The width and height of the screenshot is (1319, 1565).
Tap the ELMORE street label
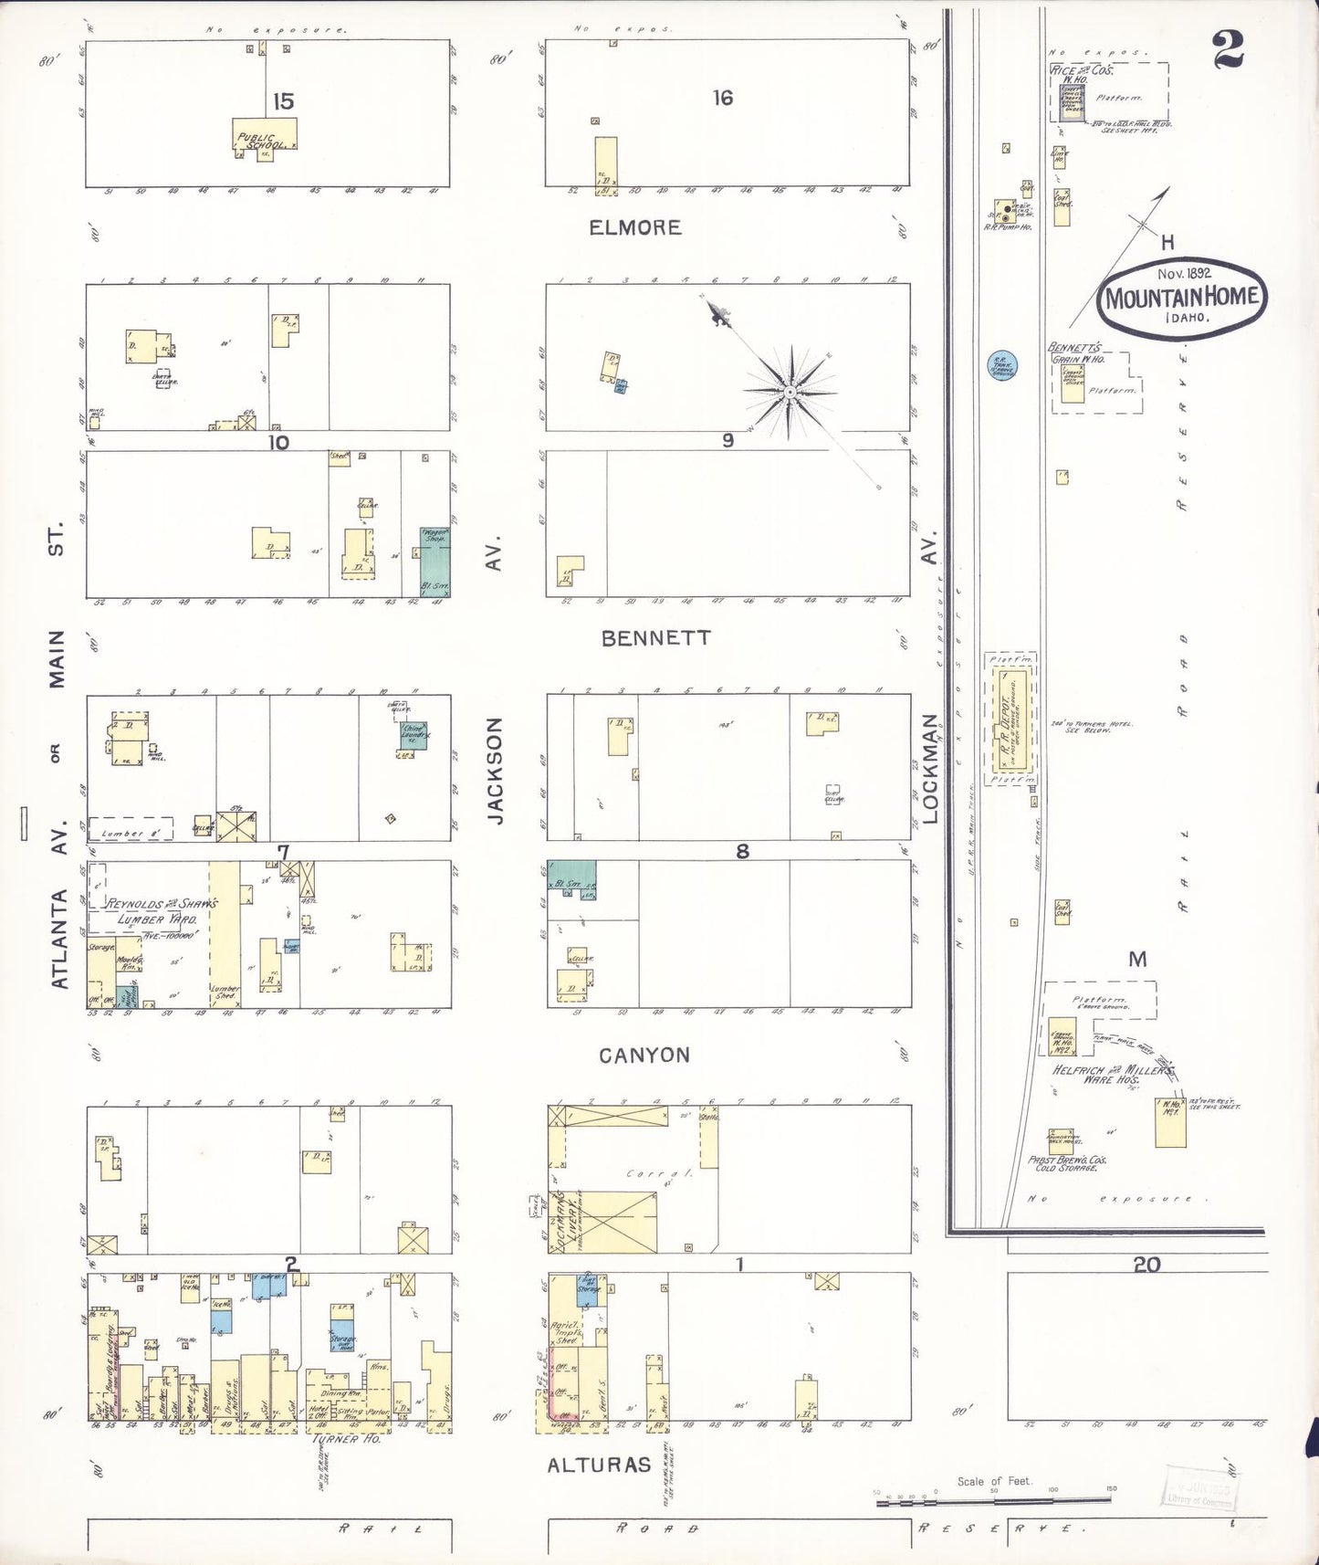click(635, 227)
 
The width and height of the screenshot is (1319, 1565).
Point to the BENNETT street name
click(655, 638)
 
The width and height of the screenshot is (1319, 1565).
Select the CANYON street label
click(644, 1056)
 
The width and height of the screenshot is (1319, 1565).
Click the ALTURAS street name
click(599, 1465)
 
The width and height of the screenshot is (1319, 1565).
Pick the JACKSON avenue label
click(495, 771)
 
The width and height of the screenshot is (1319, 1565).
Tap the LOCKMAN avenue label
click(930, 769)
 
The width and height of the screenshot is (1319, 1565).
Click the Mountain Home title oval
click(1181, 298)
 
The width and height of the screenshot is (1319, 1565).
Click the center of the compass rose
click(790, 393)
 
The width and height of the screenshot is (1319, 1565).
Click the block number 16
click(723, 98)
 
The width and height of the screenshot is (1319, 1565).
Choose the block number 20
click(1146, 1264)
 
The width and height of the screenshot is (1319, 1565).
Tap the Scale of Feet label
click(994, 1481)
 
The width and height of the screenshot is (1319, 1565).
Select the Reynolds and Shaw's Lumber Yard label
click(162, 911)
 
